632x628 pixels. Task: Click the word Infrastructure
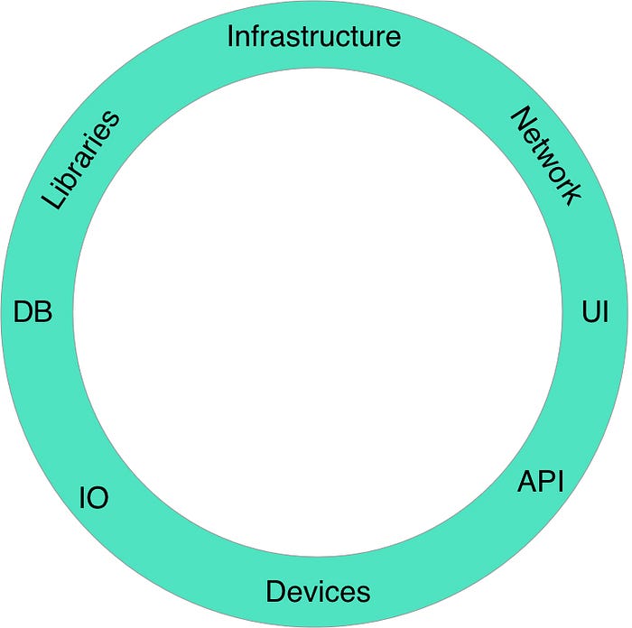(314, 36)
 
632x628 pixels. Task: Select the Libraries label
(80, 160)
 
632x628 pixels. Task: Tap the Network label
(547, 156)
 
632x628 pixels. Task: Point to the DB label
(33, 311)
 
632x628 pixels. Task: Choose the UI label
(595, 311)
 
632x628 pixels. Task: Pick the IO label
(94, 498)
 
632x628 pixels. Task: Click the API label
(540, 481)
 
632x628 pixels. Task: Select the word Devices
(318, 591)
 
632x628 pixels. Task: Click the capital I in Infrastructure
(230, 36)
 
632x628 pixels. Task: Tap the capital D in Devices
(275, 591)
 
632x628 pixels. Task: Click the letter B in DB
(44, 311)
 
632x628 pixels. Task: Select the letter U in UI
(591, 312)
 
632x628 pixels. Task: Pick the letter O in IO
(98, 498)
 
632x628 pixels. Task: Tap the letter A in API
(527, 481)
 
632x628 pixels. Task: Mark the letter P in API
(548, 481)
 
